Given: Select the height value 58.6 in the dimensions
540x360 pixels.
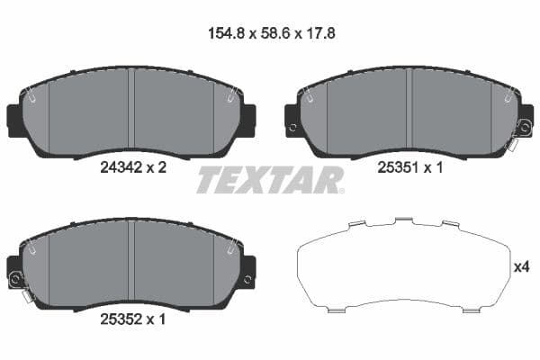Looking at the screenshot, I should (x=270, y=36).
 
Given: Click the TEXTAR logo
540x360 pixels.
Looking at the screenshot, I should (x=270, y=180).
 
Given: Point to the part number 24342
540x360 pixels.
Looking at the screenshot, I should (x=118, y=166).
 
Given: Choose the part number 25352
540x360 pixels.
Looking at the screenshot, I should (x=118, y=317).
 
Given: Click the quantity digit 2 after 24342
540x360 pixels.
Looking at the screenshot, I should (x=164, y=166).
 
